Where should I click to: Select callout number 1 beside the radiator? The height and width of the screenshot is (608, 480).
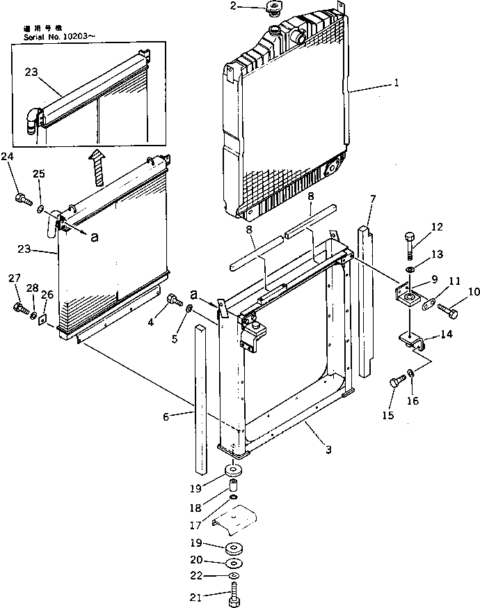coord(396,83)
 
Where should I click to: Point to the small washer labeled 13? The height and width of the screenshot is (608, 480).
coord(411,269)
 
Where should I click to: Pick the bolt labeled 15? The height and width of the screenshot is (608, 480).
coord(397,382)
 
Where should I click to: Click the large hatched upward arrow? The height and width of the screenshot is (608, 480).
coord(97,166)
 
